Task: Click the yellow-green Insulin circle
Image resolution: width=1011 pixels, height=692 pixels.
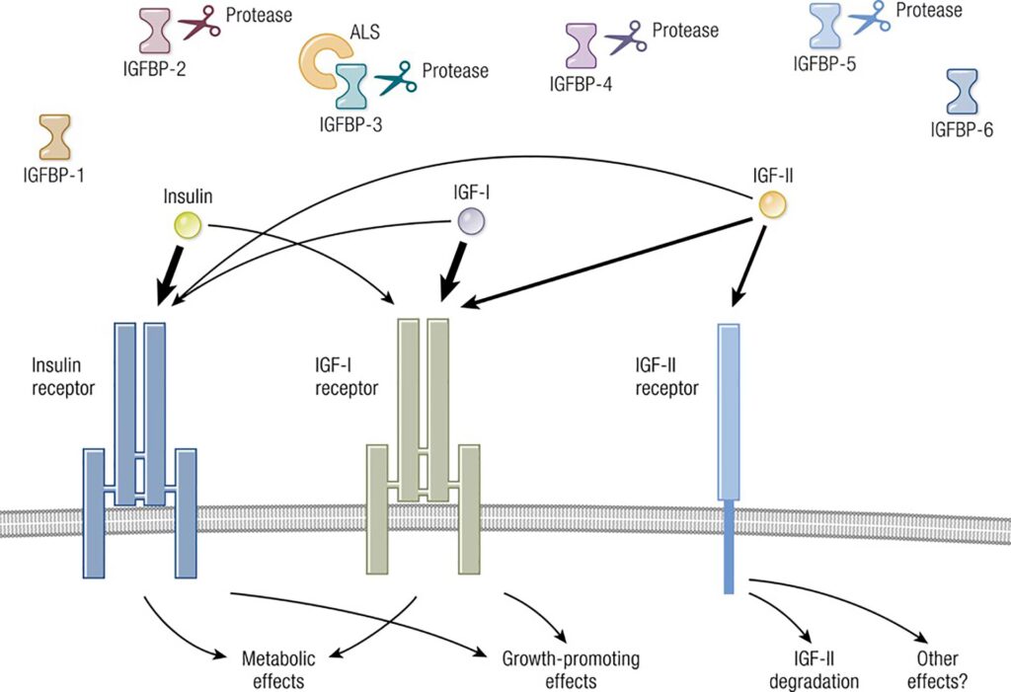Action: [x=187, y=225]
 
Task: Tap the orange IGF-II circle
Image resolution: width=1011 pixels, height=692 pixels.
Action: [x=772, y=204]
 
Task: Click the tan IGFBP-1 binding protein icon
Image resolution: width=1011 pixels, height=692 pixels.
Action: [x=54, y=137]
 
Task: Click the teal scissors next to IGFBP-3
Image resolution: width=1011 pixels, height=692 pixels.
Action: [x=395, y=77]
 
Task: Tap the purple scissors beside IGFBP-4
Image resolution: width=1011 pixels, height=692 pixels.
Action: [x=625, y=38]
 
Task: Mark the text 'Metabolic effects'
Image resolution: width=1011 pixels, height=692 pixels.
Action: [x=267, y=669]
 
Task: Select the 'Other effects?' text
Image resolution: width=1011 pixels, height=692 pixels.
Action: [x=937, y=669]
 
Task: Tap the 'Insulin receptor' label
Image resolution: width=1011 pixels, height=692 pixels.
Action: [x=63, y=376]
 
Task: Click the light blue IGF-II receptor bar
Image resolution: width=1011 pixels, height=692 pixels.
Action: [x=729, y=415]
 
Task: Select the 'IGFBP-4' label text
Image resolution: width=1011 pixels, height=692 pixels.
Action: [x=581, y=84]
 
